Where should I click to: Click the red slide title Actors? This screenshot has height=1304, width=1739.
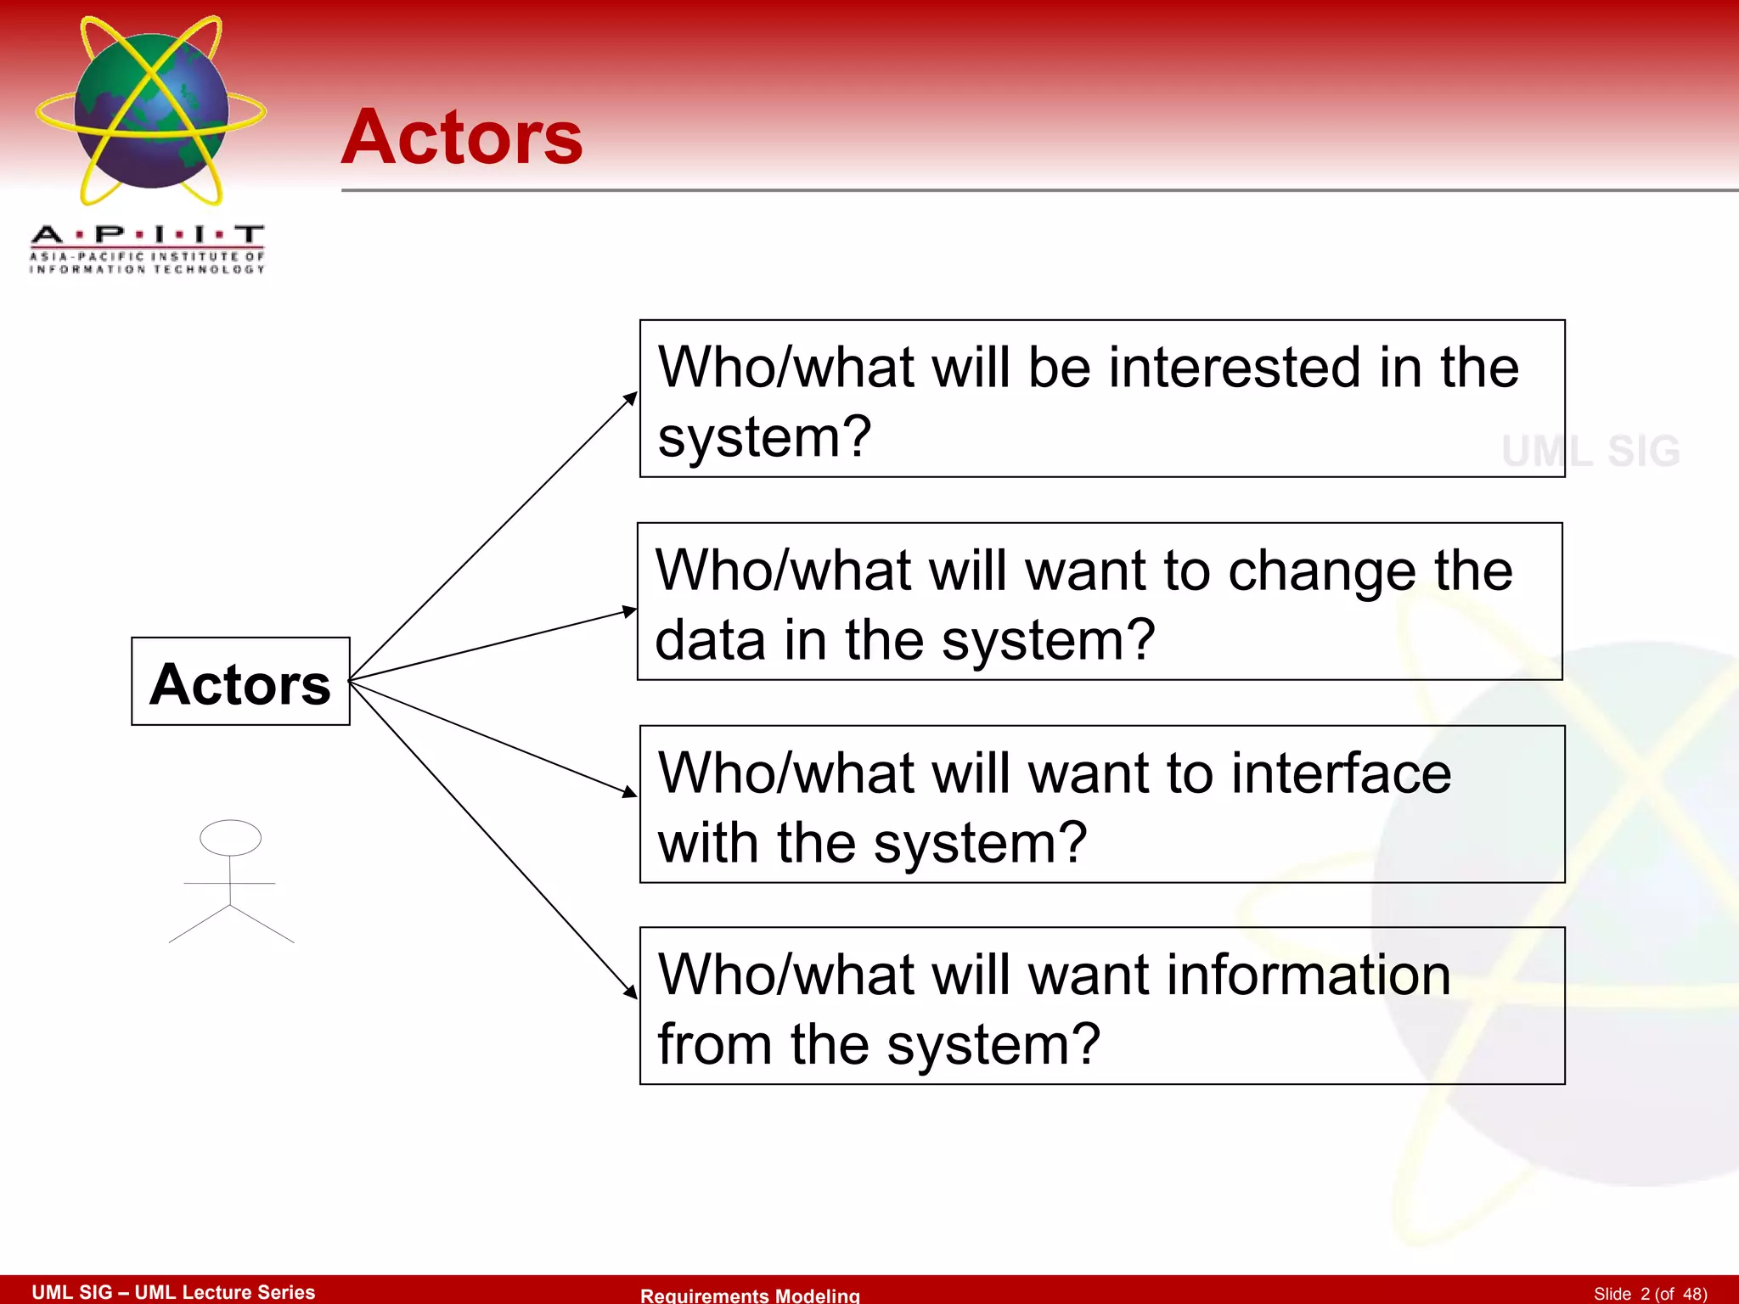click(x=462, y=138)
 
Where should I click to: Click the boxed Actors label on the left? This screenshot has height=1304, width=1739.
click(x=240, y=683)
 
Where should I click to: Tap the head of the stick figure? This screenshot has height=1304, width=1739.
click(x=230, y=837)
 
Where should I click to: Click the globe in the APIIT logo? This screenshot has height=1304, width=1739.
click(x=151, y=110)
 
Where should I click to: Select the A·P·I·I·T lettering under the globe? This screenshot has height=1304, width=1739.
click(x=148, y=234)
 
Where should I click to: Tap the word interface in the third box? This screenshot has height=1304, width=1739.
click(x=1342, y=773)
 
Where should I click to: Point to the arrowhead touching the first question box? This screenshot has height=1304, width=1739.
click(x=631, y=397)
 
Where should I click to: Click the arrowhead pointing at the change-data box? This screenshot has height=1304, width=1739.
click(x=629, y=610)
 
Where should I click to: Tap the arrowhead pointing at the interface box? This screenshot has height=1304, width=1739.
click(x=629, y=792)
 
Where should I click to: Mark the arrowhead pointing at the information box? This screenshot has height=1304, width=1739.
click(x=631, y=992)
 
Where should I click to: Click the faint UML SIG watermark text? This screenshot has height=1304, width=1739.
click(x=1590, y=451)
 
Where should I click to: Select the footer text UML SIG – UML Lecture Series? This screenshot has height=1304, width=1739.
click(x=173, y=1292)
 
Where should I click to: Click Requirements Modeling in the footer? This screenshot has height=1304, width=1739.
click(x=750, y=1295)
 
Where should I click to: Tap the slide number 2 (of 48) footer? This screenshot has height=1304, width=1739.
click(x=1650, y=1294)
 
